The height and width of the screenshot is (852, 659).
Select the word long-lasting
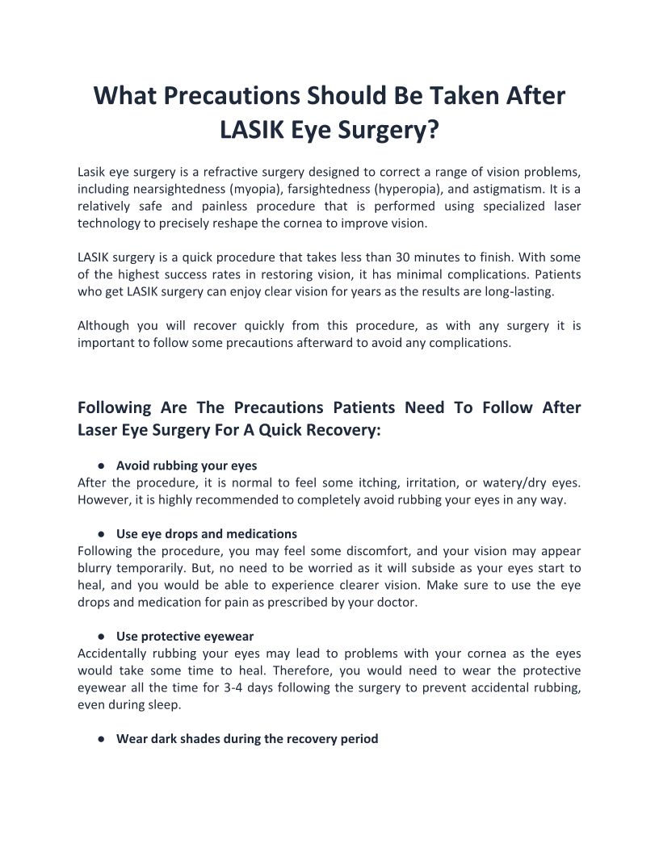point(516,291)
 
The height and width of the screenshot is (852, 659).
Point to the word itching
point(397,482)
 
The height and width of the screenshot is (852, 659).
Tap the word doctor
point(396,602)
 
